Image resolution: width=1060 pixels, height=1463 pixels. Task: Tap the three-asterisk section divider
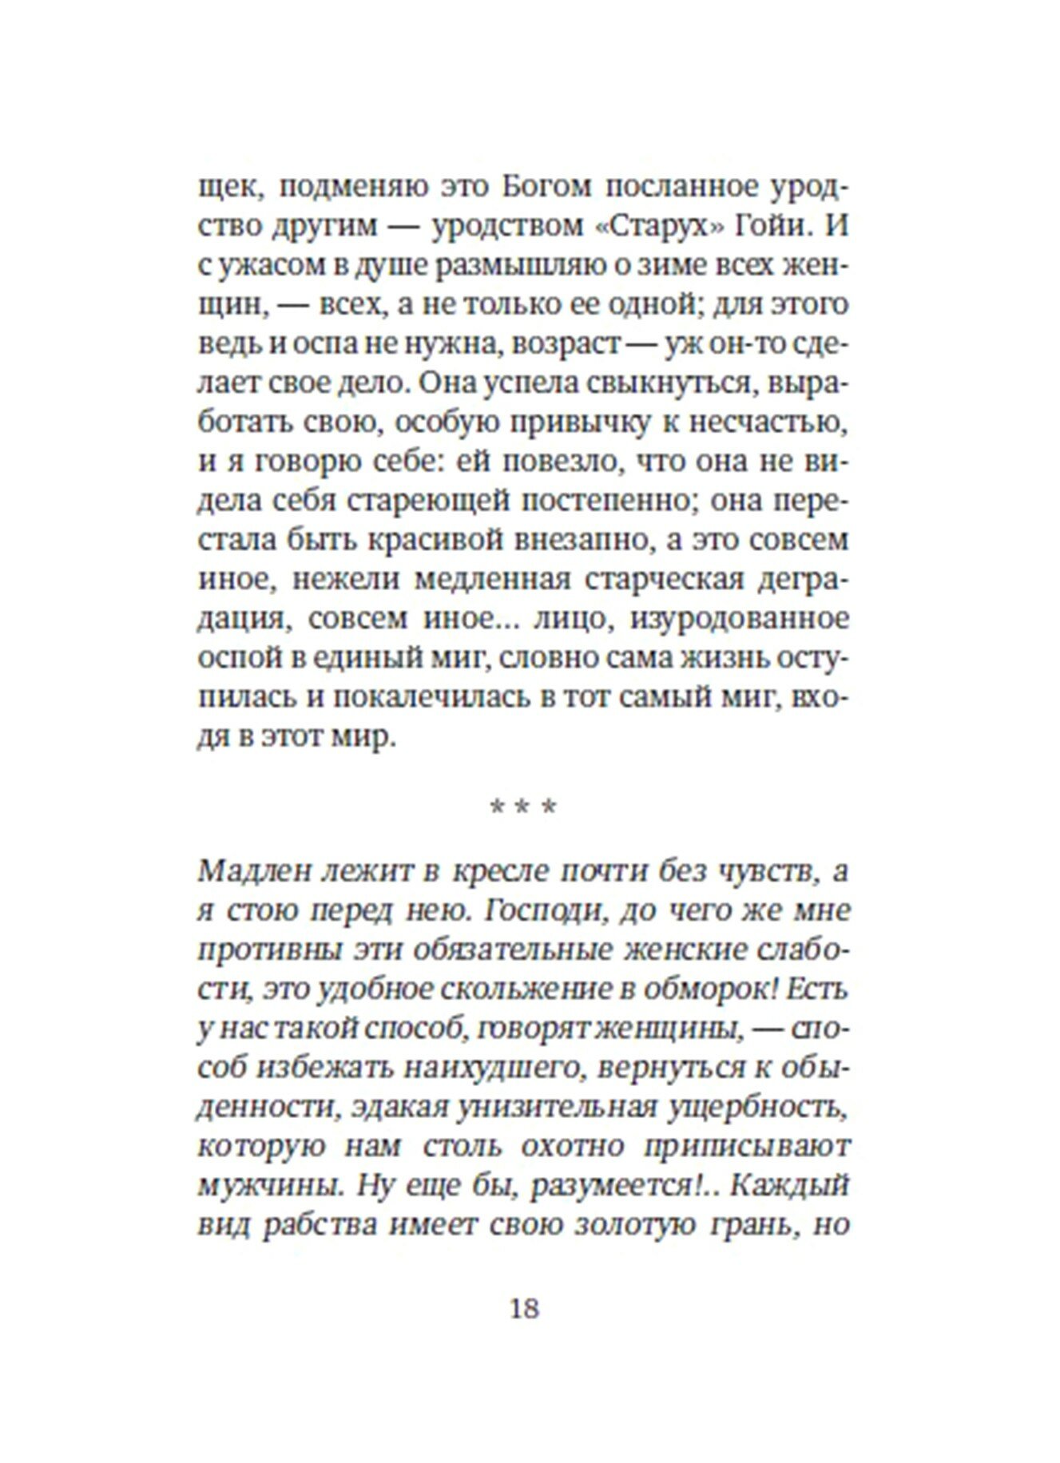[x=523, y=807]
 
